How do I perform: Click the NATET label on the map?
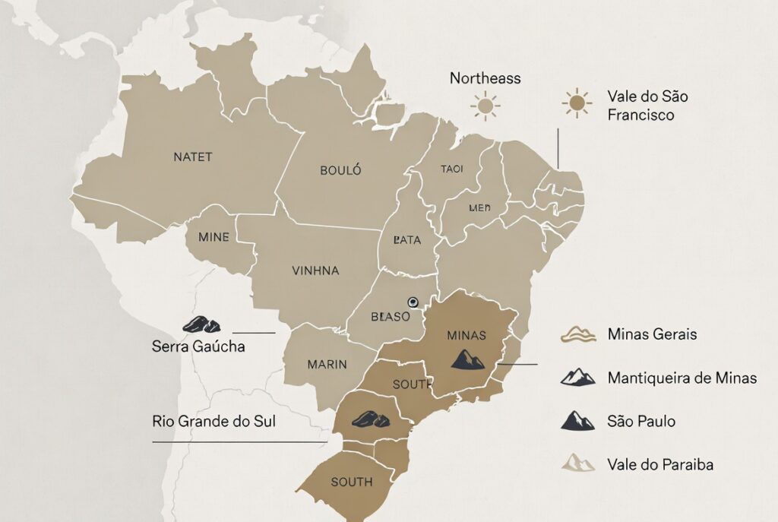click(193, 157)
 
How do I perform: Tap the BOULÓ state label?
click(340, 170)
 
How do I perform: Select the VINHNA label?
click(315, 270)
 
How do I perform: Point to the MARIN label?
click(327, 364)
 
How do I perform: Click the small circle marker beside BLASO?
click(413, 301)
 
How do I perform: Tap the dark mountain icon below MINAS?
click(467, 359)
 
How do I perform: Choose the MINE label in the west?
click(213, 237)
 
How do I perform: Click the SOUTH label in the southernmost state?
click(352, 482)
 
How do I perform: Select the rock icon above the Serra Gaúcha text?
click(201, 324)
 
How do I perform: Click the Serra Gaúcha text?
click(198, 346)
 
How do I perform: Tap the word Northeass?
click(485, 78)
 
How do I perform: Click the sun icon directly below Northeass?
click(485, 106)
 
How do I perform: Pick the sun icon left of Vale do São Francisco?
click(577, 103)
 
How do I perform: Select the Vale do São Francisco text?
click(647, 106)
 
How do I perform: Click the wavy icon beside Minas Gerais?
click(578, 334)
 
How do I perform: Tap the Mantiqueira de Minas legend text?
click(682, 378)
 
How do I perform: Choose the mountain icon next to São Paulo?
click(578, 420)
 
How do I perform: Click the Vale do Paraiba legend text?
click(660, 464)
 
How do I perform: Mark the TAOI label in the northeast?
click(451, 169)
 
